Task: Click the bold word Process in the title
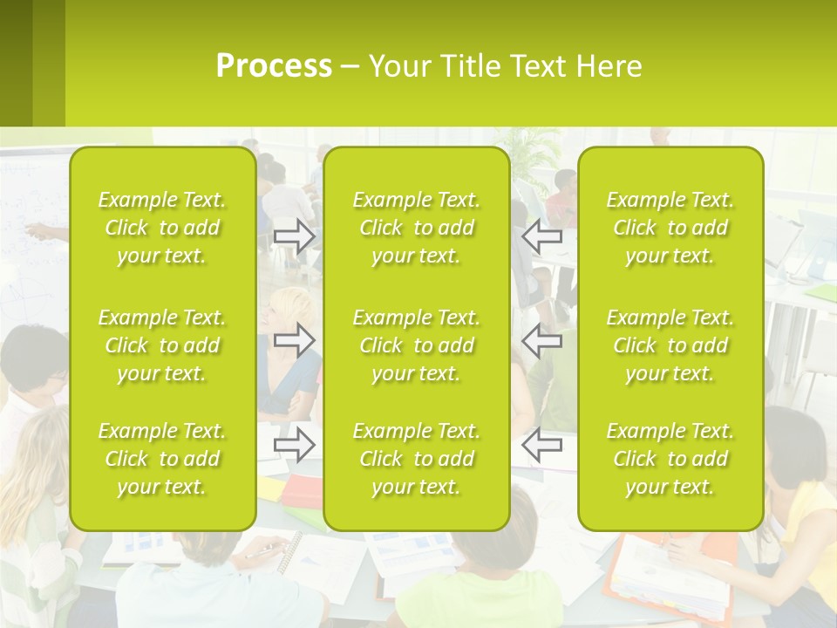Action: coord(274,66)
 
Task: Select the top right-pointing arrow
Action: coord(295,236)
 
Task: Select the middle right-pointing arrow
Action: coord(295,340)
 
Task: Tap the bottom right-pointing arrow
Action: coord(295,445)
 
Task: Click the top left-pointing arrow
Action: coord(541,236)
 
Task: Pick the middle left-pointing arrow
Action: coord(541,340)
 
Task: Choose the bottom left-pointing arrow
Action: coord(541,445)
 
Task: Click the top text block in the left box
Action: coord(162,228)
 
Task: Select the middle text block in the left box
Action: coord(162,345)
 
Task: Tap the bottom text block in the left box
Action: coord(162,459)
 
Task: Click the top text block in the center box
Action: coord(416,228)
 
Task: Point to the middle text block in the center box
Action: coord(416,345)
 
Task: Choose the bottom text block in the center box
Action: coord(416,459)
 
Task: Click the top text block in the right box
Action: coord(670,228)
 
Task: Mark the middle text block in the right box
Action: coord(670,345)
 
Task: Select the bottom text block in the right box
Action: coord(670,459)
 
